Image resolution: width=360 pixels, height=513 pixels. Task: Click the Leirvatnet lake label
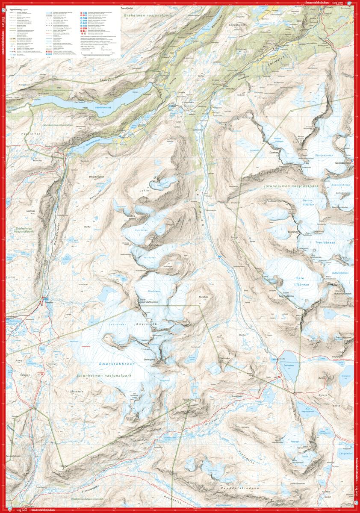tap(289, 366)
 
